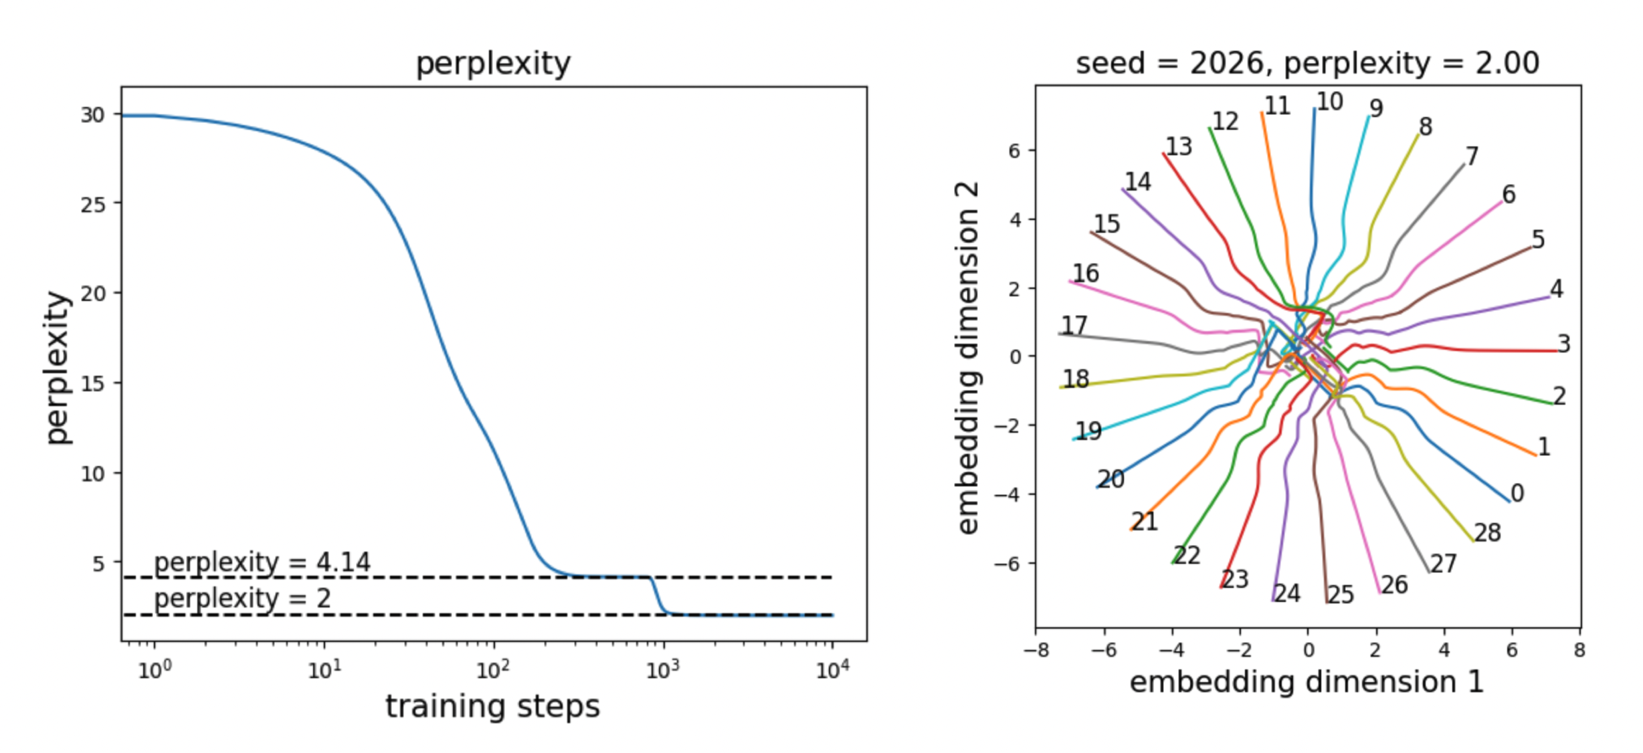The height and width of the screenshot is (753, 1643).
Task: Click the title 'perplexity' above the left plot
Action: click(x=493, y=64)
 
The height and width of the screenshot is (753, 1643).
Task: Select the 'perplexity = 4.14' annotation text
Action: click(x=262, y=562)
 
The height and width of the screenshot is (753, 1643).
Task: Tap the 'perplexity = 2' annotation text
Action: click(x=242, y=599)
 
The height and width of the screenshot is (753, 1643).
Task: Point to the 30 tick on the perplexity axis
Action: click(x=93, y=115)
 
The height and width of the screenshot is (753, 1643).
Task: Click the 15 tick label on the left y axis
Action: click(x=93, y=384)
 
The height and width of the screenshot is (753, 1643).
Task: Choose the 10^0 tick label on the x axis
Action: click(x=155, y=669)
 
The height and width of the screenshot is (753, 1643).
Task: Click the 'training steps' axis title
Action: click(x=492, y=707)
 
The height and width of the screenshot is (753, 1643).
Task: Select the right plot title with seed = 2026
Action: click(x=1307, y=64)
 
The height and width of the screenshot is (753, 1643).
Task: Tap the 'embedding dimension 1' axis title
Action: click(x=1307, y=683)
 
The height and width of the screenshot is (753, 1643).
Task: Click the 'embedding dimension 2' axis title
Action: click(x=967, y=357)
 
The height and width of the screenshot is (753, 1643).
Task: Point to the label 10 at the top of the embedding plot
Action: click(x=1329, y=102)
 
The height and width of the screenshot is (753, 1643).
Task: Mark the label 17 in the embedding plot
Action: click(x=1074, y=325)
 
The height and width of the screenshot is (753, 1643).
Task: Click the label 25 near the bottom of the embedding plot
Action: click(x=1341, y=595)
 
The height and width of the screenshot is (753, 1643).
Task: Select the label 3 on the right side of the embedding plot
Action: click(x=1563, y=344)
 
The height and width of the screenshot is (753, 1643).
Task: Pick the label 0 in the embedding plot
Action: click(x=1517, y=494)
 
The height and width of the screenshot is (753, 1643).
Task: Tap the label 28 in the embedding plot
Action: click(x=1488, y=533)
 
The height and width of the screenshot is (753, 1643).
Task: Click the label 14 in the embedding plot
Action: click(x=1138, y=182)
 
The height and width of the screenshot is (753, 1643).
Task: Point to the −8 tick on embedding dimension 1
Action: click(x=1036, y=650)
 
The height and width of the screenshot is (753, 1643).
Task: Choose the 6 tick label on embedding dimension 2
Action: click(x=1015, y=151)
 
